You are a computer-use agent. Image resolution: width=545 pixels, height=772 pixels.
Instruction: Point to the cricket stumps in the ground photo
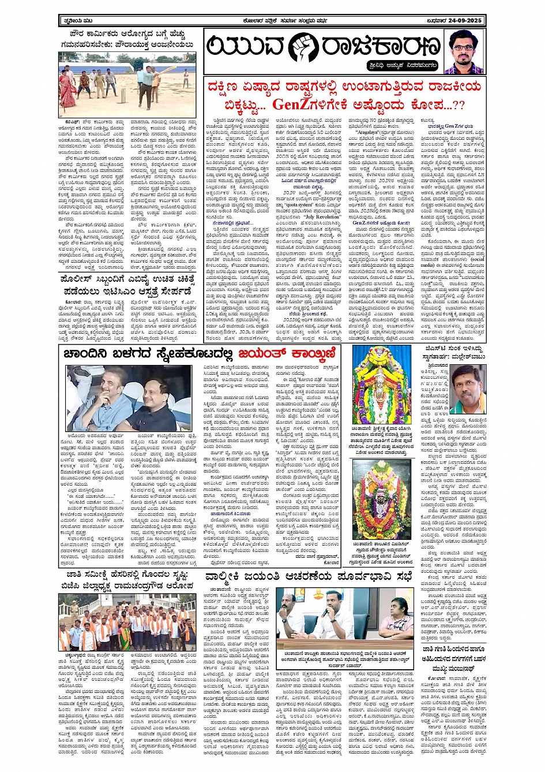tap(124, 92)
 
